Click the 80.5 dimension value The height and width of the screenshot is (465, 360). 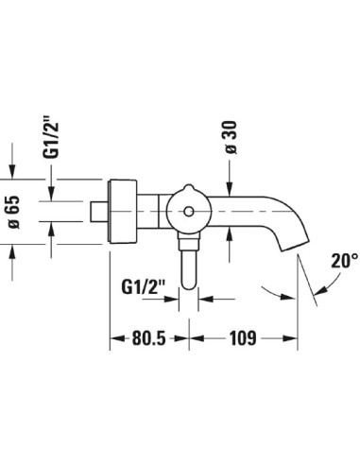click(x=148, y=338)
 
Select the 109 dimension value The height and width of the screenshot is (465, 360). click(x=243, y=338)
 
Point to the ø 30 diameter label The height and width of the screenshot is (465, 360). click(x=231, y=137)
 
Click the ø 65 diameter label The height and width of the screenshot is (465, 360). click(x=14, y=212)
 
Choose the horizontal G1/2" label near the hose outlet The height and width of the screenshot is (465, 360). click(x=144, y=287)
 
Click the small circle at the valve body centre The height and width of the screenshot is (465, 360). click(x=189, y=212)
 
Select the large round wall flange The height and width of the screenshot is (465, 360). click(x=123, y=212)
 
